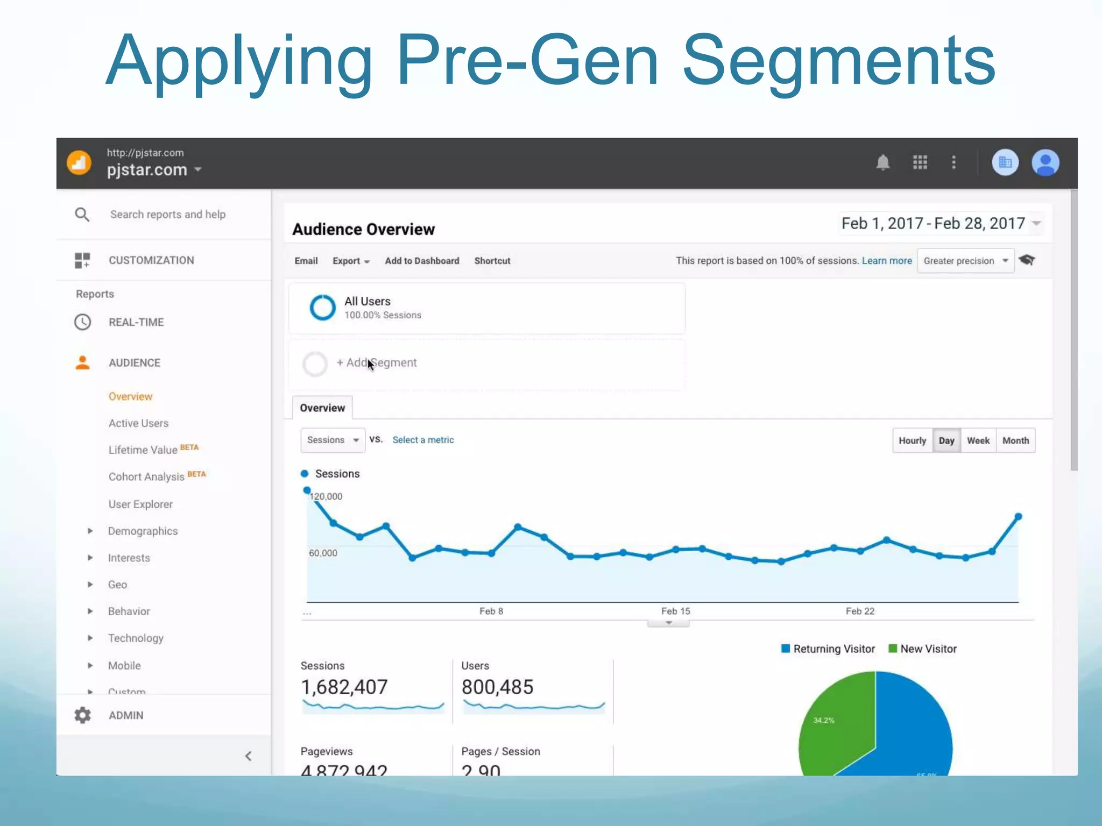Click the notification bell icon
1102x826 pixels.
point(882,162)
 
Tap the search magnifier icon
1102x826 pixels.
point(82,215)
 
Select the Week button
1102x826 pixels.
point(978,440)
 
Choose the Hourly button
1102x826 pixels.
point(912,440)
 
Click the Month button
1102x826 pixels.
point(1015,440)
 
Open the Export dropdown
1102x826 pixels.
point(351,261)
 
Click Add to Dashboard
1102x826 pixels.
point(422,261)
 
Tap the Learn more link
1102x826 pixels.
point(887,261)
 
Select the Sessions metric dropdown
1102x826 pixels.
point(333,440)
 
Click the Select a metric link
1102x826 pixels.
point(423,440)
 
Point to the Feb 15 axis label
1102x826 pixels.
point(675,611)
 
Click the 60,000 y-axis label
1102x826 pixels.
point(323,553)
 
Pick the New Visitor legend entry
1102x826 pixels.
point(922,649)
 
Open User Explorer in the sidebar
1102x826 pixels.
point(140,504)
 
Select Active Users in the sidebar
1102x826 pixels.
point(138,423)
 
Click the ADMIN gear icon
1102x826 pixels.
point(83,715)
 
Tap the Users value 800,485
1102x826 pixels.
point(497,687)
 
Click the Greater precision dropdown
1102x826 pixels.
point(965,261)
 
